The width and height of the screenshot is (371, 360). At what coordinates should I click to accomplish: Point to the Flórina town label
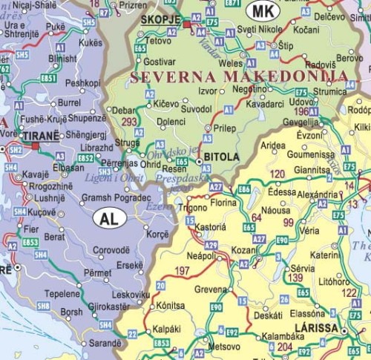[223, 200]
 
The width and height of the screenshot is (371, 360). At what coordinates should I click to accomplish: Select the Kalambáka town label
[286, 336]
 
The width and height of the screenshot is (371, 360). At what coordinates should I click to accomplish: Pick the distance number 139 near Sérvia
[295, 277]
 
